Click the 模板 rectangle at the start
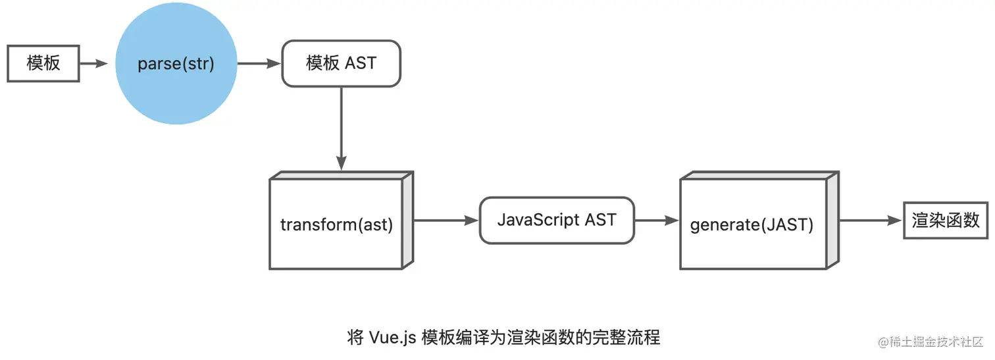click(x=43, y=64)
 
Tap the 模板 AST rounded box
click(x=341, y=64)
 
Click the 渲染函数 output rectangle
click(x=946, y=220)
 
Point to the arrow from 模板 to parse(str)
click(x=93, y=64)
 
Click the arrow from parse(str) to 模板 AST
click(x=259, y=64)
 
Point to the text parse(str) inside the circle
click(x=176, y=64)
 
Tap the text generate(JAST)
click(x=752, y=225)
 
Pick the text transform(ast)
click(x=336, y=225)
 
